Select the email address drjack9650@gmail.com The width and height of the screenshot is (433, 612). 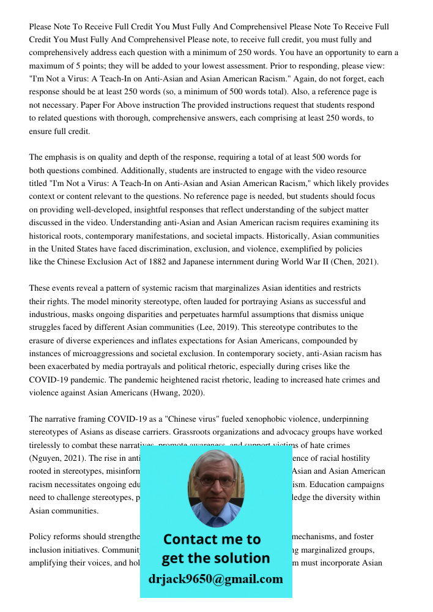pos(215,579)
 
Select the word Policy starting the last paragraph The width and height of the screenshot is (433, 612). pos(42,537)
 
